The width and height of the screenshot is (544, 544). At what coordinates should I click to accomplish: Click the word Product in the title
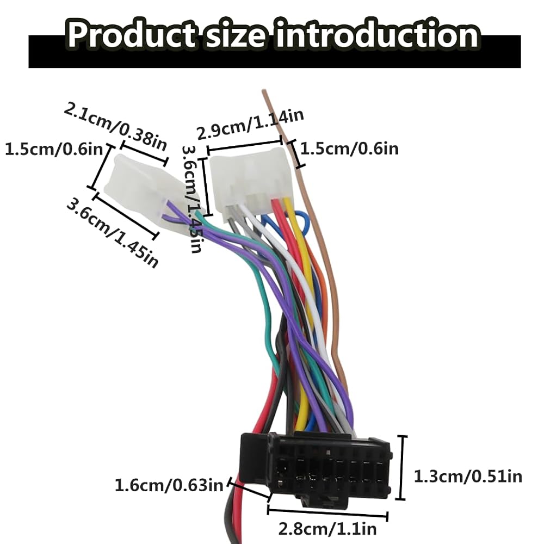coord(131,35)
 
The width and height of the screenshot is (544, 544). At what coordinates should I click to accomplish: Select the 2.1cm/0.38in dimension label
coord(115,127)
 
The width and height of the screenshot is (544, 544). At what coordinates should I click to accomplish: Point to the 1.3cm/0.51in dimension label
coord(468,477)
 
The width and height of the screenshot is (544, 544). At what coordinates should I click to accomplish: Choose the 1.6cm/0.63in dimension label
coord(169,485)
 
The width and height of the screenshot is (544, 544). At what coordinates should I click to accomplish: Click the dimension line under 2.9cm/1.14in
coord(244,146)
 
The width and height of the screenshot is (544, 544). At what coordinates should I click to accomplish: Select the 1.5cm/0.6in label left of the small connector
coord(54,149)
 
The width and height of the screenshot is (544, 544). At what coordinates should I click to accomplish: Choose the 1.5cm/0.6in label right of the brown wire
coord(349,149)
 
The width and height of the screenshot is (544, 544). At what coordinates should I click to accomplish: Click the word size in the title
coord(236,35)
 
